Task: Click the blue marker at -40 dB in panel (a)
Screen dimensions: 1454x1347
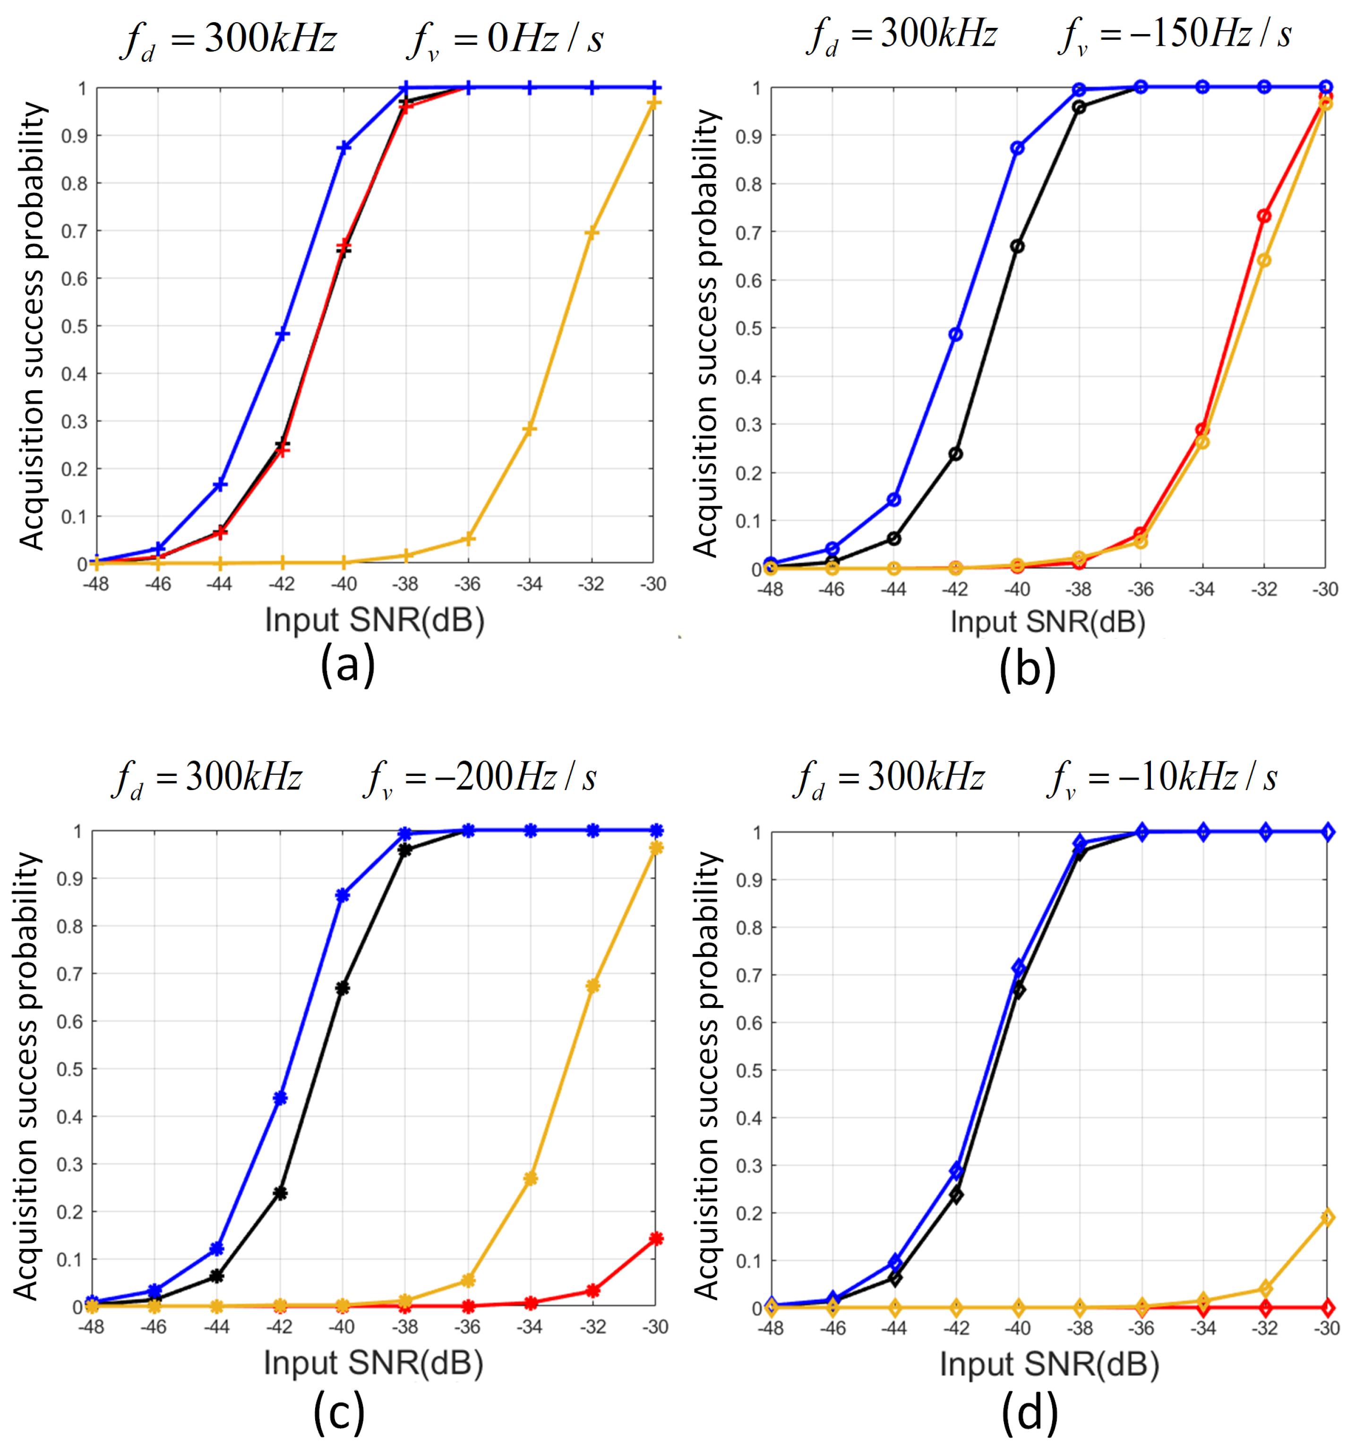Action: (344, 147)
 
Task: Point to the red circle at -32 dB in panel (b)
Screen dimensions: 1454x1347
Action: (1264, 216)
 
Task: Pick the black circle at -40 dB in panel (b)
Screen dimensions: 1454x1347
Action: (1018, 246)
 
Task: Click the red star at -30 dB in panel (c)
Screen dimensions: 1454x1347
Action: (656, 1238)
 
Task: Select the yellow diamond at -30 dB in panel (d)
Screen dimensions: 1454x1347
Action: (1327, 1217)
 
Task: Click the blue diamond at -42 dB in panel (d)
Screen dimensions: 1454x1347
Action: (956, 1171)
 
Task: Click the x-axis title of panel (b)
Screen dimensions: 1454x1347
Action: (1047, 622)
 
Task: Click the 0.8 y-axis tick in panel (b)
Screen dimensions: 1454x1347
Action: (749, 184)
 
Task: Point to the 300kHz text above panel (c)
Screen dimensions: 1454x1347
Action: (243, 777)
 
